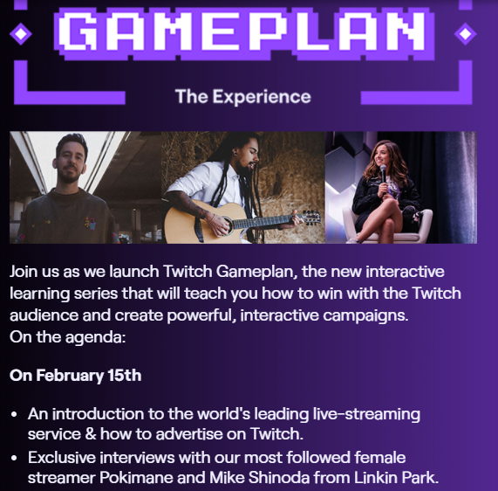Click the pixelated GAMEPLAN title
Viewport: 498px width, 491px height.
tap(244, 32)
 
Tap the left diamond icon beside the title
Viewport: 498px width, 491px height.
tap(21, 34)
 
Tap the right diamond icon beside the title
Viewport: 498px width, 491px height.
tap(465, 34)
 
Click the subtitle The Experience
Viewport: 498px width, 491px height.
tap(243, 96)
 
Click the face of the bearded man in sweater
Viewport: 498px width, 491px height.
tap(70, 162)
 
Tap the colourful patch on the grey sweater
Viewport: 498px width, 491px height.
tap(91, 223)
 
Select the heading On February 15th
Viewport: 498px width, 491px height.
tap(76, 376)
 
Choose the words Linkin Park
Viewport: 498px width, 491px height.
tap(396, 477)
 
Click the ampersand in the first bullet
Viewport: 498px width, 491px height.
tap(91, 433)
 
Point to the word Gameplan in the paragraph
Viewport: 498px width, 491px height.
tap(256, 273)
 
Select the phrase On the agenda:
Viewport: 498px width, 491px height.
tap(68, 337)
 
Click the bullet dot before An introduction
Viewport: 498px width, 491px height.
tap(14, 415)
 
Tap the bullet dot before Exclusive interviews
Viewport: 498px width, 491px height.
tap(14, 458)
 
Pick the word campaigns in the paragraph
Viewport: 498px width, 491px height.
tap(365, 315)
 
